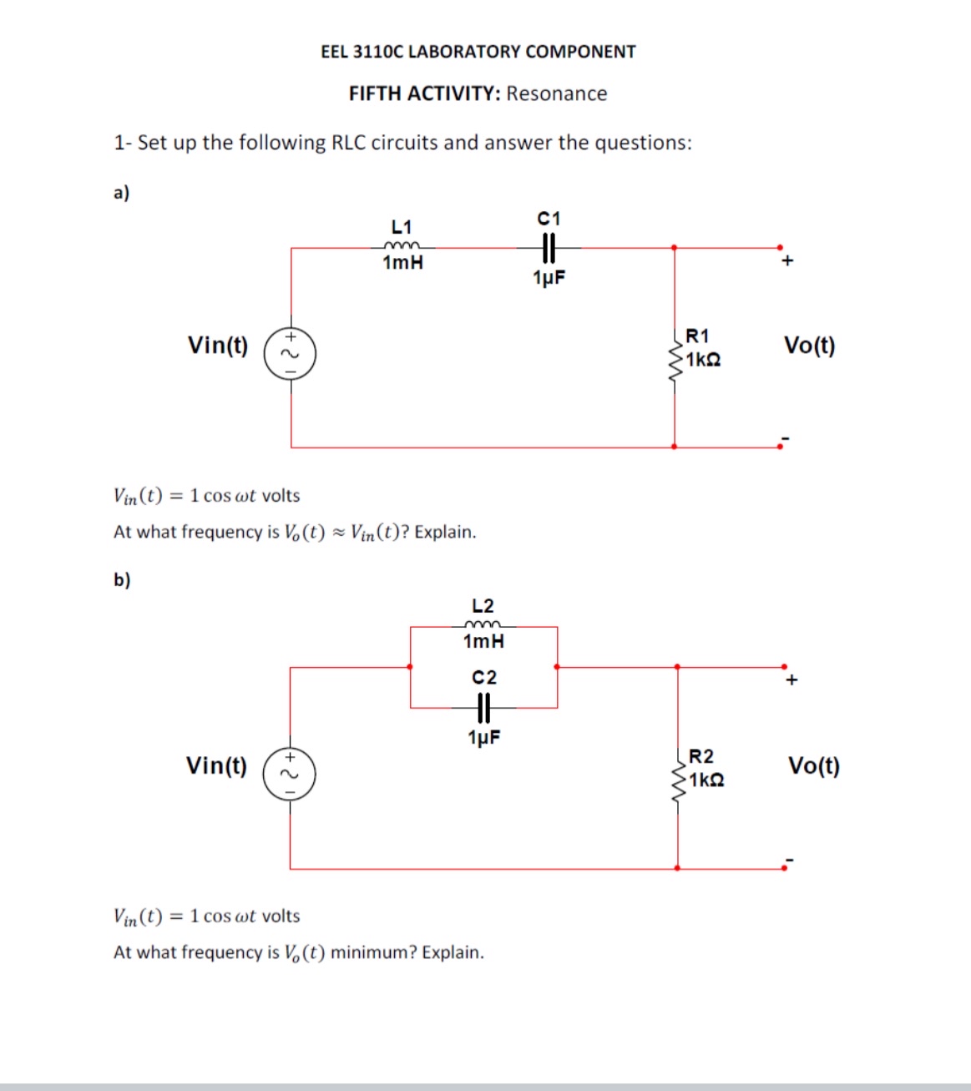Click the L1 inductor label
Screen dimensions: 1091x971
click(402, 227)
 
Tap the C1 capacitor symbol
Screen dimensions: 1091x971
click(549, 247)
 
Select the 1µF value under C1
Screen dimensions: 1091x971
click(549, 278)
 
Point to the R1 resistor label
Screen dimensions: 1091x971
click(697, 336)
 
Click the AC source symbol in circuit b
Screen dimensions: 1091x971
click(290, 775)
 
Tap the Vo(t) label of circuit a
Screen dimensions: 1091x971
click(809, 346)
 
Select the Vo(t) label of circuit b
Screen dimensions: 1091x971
click(814, 765)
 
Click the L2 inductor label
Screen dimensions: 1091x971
click(483, 606)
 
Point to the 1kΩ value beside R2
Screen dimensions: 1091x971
click(706, 780)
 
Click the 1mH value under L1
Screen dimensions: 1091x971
click(402, 263)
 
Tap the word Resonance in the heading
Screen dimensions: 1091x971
click(557, 93)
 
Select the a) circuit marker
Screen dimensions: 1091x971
click(122, 193)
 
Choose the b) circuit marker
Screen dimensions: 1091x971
click(122, 579)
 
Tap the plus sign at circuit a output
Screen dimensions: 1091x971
click(786, 261)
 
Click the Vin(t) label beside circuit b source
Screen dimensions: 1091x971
click(217, 765)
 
